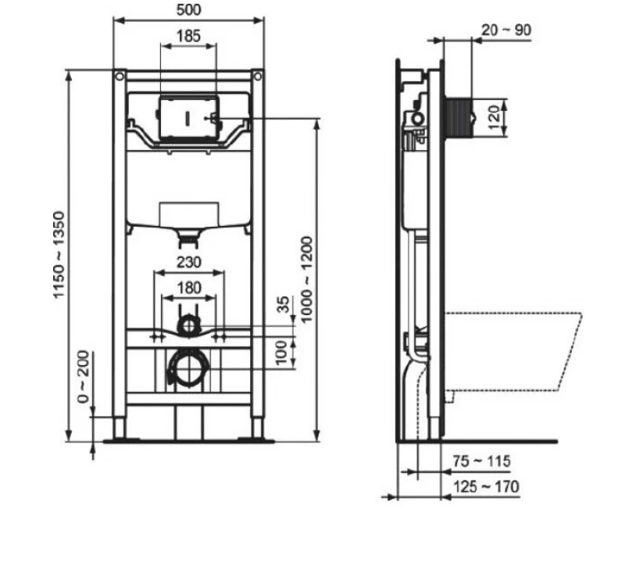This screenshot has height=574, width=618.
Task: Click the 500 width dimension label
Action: click(189, 9)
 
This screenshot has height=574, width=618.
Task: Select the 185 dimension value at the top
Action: click(188, 36)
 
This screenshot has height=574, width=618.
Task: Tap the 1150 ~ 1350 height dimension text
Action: click(59, 255)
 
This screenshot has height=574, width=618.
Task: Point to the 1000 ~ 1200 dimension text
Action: click(306, 279)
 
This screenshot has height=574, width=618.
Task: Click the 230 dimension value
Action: click(189, 262)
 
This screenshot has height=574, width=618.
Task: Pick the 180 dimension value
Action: click(189, 288)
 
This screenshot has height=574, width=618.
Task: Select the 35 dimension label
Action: click(284, 304)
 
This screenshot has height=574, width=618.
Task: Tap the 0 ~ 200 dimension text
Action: click(84, 376)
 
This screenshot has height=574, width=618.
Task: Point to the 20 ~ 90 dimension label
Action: click(506, 30)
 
